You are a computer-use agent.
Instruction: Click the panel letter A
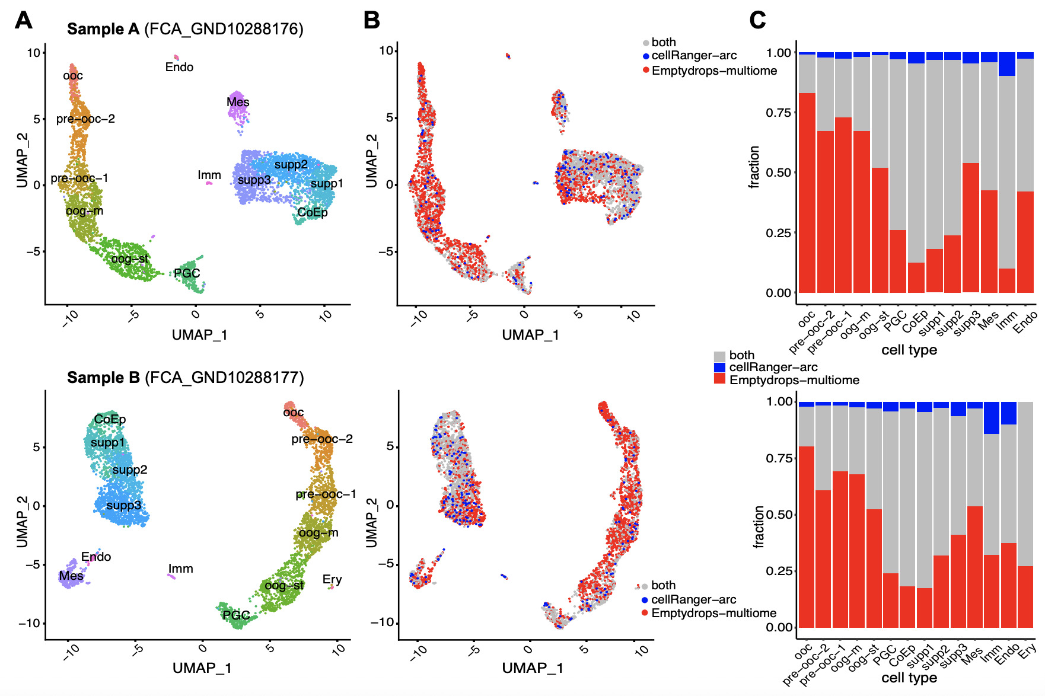23,20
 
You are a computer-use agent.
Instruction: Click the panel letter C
757,20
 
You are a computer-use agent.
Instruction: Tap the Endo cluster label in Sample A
179,67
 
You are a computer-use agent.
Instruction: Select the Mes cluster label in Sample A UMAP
238,102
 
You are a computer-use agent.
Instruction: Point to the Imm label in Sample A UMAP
209,175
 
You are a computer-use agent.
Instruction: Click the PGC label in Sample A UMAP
187,273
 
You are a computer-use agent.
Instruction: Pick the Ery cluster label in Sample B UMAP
332,579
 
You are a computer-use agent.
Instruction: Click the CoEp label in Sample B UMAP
110,419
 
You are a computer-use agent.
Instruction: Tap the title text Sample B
103,378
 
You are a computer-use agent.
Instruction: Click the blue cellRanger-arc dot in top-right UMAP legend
646,56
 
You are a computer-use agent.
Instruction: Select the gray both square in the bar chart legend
719,356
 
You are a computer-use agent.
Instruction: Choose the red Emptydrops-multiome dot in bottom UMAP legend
644,613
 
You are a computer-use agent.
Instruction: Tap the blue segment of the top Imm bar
1007,64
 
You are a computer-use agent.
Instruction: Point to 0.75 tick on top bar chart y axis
778,113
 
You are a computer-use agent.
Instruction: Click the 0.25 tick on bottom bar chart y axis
778,571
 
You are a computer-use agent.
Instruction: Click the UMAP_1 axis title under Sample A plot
199,335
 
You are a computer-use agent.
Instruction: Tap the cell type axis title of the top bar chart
909,350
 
